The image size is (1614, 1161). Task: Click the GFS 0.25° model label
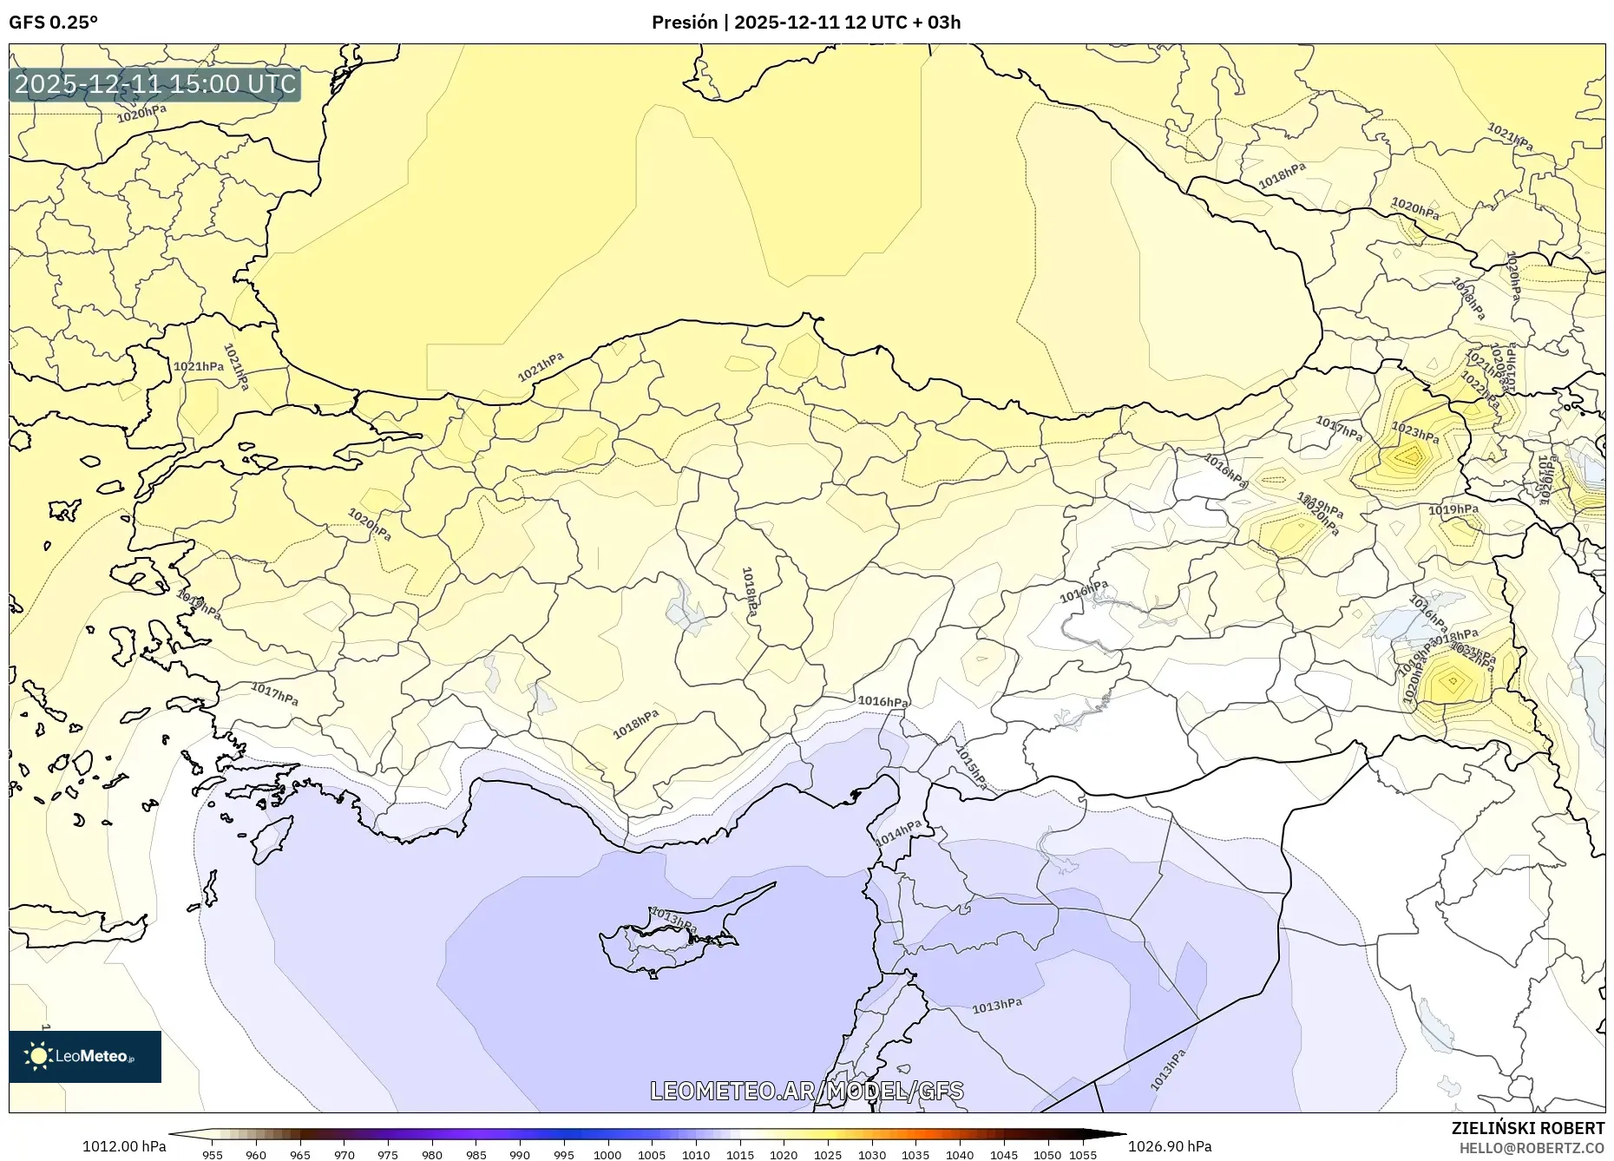point(53,23)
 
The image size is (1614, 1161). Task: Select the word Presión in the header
point(685,23)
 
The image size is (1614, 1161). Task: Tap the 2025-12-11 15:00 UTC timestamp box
point(155,84)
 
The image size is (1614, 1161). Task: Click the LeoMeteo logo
point(85,1056)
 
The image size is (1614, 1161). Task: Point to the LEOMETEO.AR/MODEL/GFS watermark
point(806,1091)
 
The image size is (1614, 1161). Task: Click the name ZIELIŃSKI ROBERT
point(1527,1128)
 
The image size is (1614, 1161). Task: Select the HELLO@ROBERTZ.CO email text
point(1531,1148)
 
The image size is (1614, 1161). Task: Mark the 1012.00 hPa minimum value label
point(124,1146)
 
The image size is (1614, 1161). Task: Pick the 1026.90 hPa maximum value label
point(1170,1146)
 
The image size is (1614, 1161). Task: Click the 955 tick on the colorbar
point(213,1155)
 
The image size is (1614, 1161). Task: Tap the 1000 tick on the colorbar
point(607,1155)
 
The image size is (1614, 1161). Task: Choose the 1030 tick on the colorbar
point(872,1155)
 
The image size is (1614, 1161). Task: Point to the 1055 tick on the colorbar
point(1083,1155)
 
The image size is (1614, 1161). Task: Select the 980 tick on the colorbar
point(432,1155)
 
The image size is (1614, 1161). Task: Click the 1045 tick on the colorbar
point(1004,1155)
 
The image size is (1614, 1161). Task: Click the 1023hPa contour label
point(1414,430)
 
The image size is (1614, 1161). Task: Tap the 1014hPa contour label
point(898,834)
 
